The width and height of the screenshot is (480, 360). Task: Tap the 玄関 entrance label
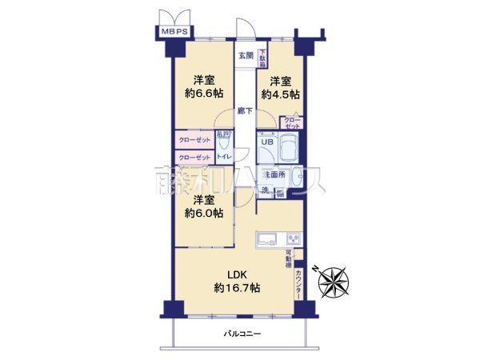coord(246,55)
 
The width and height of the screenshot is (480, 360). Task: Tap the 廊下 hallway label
coord(246,110)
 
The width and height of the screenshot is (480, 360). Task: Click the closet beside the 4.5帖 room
coord(291,122)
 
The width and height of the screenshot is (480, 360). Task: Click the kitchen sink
coord(267,238)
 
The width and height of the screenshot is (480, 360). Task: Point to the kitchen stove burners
coord(292,238)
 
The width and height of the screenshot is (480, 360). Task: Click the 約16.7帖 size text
coord(233,288)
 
